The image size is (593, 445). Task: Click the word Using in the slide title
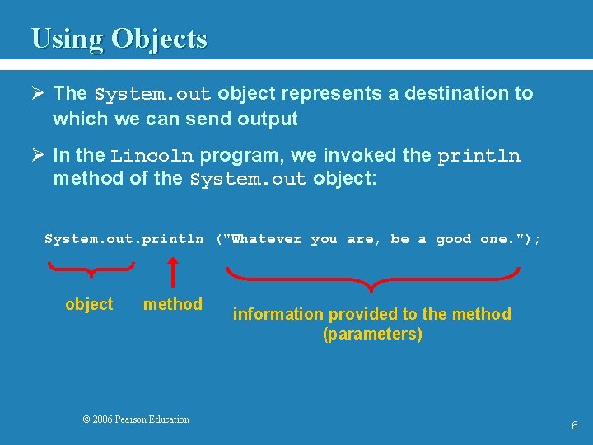point(68,39)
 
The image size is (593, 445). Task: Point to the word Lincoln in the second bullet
point(152,156)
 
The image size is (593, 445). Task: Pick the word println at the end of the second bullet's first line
point(479,156)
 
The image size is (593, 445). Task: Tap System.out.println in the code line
point(124,239)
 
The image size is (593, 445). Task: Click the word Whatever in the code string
point(267,239)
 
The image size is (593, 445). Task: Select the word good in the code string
point(453,239)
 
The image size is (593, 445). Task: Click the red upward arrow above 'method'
point(173,271)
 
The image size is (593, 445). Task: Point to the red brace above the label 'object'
point(91,268)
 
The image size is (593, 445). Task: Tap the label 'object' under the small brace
point(89,304)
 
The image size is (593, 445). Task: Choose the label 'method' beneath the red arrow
point(173,304)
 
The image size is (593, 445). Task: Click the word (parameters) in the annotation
point(372,334)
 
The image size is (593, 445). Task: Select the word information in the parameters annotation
point(278,314)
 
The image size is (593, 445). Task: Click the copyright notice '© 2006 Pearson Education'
point(136,419)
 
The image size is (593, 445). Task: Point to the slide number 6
point(575,425)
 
